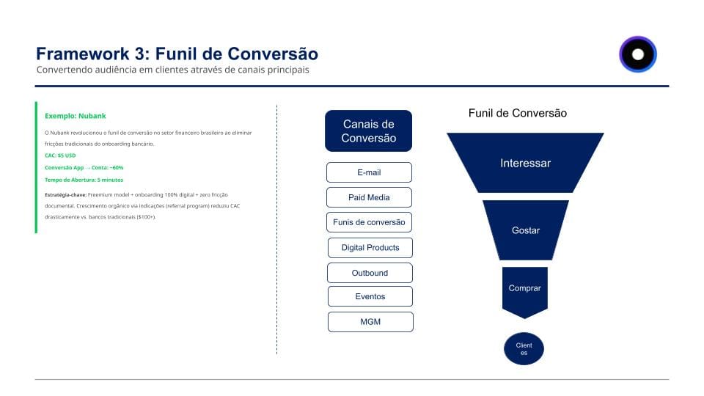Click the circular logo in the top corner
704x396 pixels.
click(x=637, y=54)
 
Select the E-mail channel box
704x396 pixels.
click(x=369, y=172)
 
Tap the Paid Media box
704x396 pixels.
click(x=369, y=197)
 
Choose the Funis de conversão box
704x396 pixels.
click(x=369, y=222)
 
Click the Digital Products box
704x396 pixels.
click(x=370, y=248)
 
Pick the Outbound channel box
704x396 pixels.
click(x=370, y=273)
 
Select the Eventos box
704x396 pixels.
click(x=370, y=296)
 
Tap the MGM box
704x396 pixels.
click(x=370, y=322)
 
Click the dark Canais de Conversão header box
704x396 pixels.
click(x=368, y=131)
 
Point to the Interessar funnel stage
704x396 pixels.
click(x=525, y=163)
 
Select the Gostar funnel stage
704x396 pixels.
click(x=525, y=230)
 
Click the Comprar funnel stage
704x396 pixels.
click(x=524, y=289)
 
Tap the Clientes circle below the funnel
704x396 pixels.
click(x=524, y=348)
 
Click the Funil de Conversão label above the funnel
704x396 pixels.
click(x=517, y=113)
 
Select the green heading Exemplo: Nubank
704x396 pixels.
click(x=75, y=116)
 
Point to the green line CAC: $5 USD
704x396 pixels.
click(x=60, y=155)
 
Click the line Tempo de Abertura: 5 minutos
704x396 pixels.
click(x=84, y=180)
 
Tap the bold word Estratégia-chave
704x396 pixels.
click(x=65, y=194)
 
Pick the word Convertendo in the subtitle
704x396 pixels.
click(x=65, y=70)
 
